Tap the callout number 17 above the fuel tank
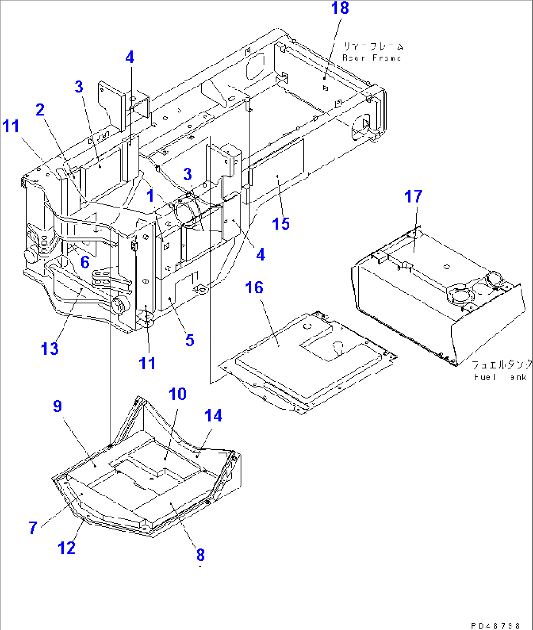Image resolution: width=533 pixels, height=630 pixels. [x=413, y=197]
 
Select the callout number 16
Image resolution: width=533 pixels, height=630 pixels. [x=254, y=288]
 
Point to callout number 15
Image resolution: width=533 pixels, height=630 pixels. [x=281, y=224]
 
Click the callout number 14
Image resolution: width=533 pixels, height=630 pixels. [x=213, y=416]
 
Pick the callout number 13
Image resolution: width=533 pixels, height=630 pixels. [x=50, y=349]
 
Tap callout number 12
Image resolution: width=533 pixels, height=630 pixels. [x=67, y=548]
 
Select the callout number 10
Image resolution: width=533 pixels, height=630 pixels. [x=178, y=394]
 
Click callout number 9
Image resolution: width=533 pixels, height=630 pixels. [x=57, y=406]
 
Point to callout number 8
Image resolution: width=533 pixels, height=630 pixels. [x=200, y=555]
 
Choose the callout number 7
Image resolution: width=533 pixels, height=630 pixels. [x=33, y=528]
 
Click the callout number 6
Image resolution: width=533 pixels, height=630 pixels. [x=85, y=262]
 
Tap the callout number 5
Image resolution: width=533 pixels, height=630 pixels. [x=190, y=340]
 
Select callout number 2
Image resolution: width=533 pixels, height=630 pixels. [x=40, y=110]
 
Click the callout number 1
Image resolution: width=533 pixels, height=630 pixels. [x=151, y=196]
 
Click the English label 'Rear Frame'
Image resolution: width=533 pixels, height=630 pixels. [x=372, y=58]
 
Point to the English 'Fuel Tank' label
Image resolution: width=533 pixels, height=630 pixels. [x=500, y=377]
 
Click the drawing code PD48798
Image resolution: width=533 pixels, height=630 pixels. [x=499, y=625]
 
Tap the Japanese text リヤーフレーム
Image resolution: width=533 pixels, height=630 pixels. [x=373, y=47]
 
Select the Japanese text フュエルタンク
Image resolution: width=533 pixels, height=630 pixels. [x=502, y=365]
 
